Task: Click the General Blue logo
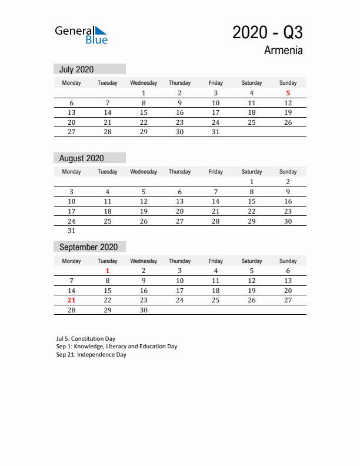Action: (x=81, y=35)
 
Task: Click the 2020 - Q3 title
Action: (x=267, y=32)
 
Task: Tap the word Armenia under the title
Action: (x=284, y=50)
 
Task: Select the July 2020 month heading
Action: (x=76, y=69)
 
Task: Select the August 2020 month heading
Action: (x=82, y=158)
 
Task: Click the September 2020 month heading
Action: (x=89, y=247)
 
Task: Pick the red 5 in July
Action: (x=288, y=93)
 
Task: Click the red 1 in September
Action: (x=107, y=271)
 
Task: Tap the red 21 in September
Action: (x=71, y=300)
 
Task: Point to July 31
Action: (x=215, y=132)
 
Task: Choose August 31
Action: (x=71, y=231)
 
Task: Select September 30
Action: (x=144, y=310)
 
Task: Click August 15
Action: (x=252, y=201)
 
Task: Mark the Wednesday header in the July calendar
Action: (x=144, y=83)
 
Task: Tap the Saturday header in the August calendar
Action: (x=252, y=172)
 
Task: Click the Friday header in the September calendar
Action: (x=215, y=261)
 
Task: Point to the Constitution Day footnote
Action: (x=86, y=339)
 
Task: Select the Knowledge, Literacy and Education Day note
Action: (x=116, y=347)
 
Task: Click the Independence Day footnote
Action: (x=91, y=355)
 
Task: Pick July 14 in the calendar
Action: (x=107, y=112)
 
